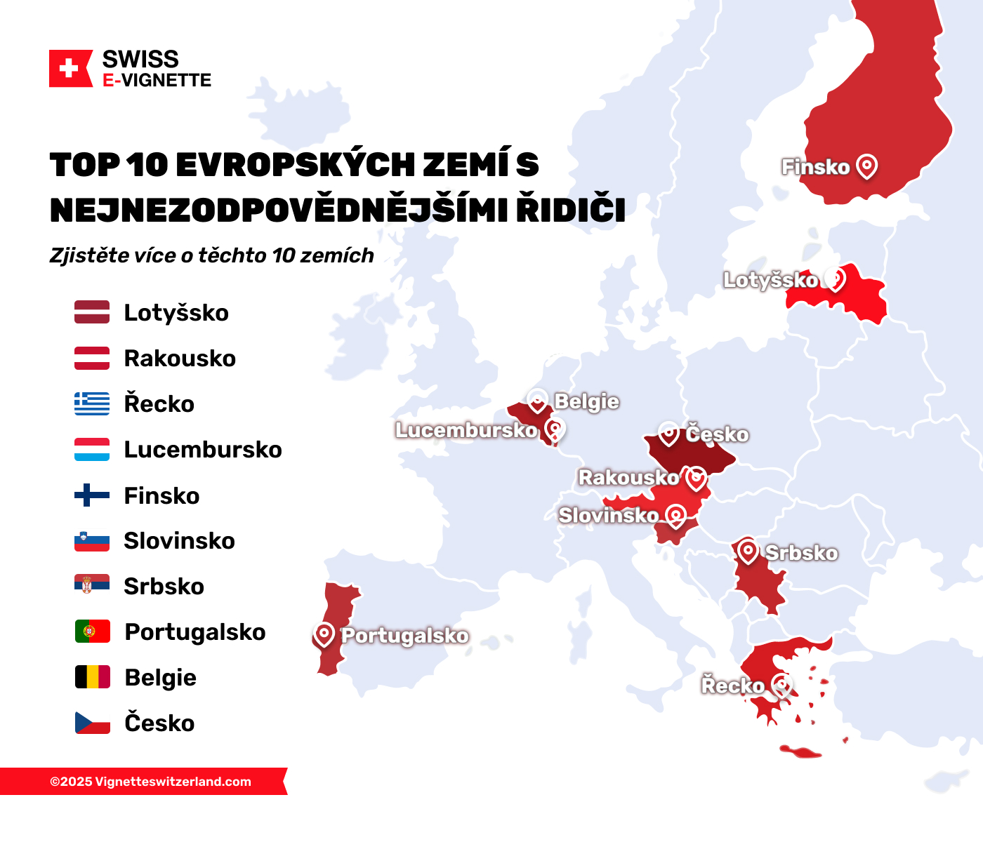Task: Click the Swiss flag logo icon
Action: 70,69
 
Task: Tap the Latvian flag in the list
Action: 92,312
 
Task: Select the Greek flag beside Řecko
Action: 92,403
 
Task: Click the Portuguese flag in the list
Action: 92,631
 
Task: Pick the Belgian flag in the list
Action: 92,677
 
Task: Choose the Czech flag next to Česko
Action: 92,723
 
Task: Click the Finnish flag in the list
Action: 92,495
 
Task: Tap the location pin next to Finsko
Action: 867,166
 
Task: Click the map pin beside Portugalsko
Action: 324,634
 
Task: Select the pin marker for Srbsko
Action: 748,552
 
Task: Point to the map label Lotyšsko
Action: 770,280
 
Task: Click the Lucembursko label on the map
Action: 466,429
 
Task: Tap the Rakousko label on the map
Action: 628,478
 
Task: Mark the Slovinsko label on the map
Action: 608,515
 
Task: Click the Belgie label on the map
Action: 587,401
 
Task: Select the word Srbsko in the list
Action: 164,587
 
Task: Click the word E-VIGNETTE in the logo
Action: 157,81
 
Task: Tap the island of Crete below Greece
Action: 800,752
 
